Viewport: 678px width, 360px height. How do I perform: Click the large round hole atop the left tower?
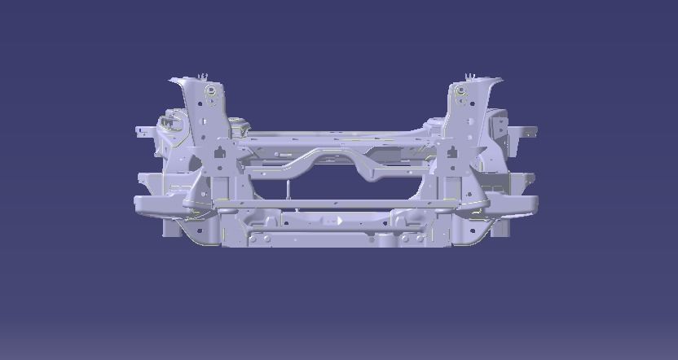tap(211, 90)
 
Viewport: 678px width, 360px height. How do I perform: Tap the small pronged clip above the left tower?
tap(205, 77)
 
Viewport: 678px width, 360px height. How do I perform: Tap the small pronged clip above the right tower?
tap(469, 77)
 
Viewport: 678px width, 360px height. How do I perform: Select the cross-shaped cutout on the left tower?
tap(220, 152)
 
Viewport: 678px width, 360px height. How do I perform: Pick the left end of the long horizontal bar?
tap(140, 203)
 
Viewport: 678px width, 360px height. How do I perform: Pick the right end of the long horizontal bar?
tap(535, 203)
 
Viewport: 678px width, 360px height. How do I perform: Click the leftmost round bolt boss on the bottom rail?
tap(253, 239)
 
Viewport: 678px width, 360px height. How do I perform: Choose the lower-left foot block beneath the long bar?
tap(174, 228)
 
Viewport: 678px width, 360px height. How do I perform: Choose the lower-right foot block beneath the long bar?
tap(499, 228)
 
